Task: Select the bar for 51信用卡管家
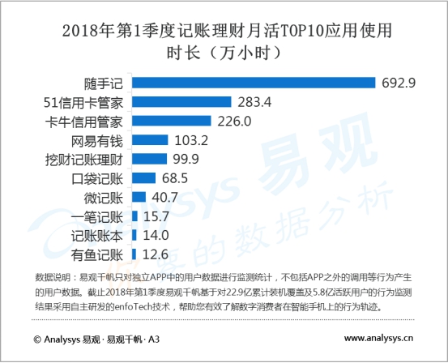tap(179, 102)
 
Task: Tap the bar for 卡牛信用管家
tap(169, 122)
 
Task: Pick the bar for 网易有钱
tap(148, 140)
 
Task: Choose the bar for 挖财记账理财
tap(147, 159)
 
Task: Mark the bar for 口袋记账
tap(142, 177)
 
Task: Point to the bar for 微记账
tap(137, 197)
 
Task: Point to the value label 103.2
tap(186, 140)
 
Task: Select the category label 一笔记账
tap(97, 216)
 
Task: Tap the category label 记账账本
tap(97, 235)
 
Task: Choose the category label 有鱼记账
tap(97, 254)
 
